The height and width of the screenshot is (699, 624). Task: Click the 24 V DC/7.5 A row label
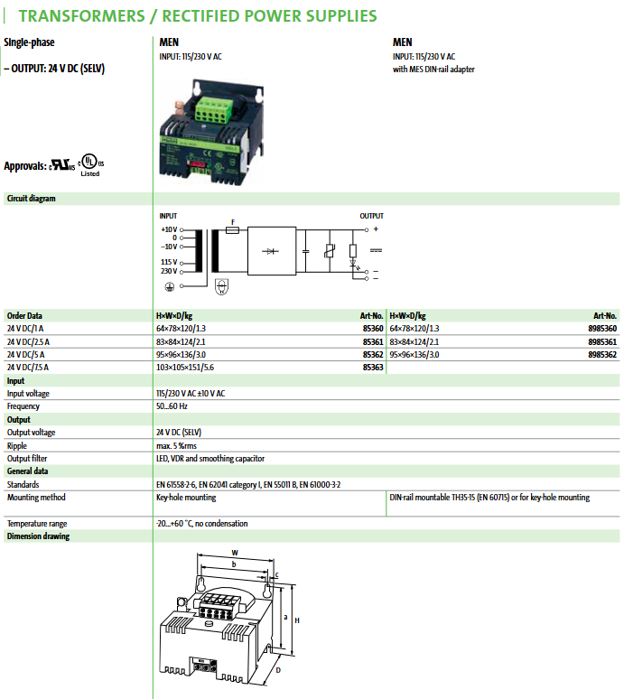28,368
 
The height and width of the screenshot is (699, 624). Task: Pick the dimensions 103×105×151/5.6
184,368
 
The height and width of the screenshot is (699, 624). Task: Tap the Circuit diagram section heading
32,198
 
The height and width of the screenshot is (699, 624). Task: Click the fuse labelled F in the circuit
232,229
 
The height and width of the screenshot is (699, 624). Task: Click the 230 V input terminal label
168,271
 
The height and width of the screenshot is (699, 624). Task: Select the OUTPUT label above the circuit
371,216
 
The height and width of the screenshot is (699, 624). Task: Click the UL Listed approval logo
90,163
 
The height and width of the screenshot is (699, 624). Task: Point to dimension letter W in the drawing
235,553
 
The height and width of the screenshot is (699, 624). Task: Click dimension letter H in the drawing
297,620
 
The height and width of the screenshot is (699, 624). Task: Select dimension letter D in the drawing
278,671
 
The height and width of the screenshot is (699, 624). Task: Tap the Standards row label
24,484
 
